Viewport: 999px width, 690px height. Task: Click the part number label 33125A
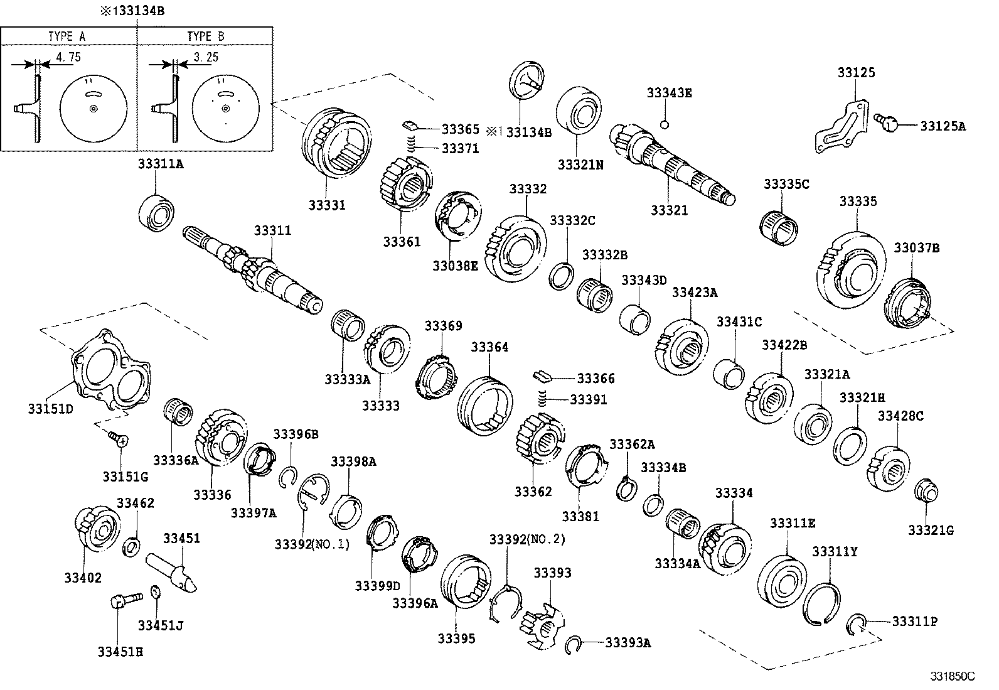click(943, 126)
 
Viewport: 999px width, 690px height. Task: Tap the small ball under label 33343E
click(665, 124)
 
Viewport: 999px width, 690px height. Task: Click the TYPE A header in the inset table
click(67, 36)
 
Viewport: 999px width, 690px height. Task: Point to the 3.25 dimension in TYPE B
click(205, 57)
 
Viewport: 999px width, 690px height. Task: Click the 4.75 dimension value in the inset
click(68, 57)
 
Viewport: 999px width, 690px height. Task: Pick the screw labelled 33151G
click(117, 437)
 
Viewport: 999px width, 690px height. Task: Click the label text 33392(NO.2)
click(527, 539)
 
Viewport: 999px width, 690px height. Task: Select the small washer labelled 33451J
click(156, 593)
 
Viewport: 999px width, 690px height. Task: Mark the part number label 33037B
click(916, 248)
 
